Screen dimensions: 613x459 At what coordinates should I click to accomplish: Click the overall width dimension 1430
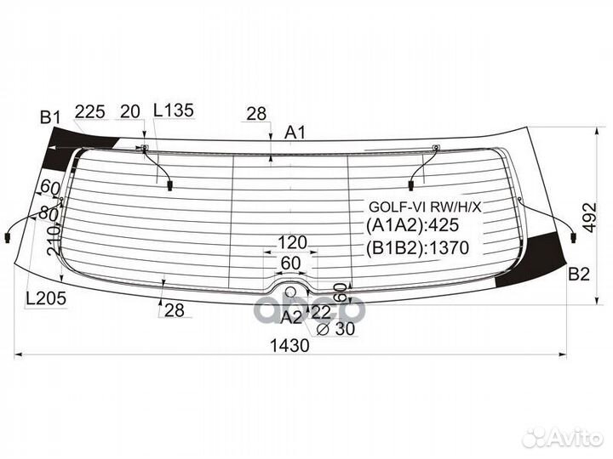[289, 345]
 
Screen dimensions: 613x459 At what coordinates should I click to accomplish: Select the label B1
[50, 117]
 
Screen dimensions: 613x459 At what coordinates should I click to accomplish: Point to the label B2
[579, 275]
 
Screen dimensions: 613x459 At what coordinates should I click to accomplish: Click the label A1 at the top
[295, 133]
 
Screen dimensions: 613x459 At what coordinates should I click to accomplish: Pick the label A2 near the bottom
[292, 318]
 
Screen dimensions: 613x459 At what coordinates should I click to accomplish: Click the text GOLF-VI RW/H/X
[425, 207]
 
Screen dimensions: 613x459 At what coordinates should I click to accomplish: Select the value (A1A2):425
[413, 225]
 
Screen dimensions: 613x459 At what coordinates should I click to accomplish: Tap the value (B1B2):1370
[417, 248]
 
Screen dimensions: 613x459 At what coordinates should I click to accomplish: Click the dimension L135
[173, 110]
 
